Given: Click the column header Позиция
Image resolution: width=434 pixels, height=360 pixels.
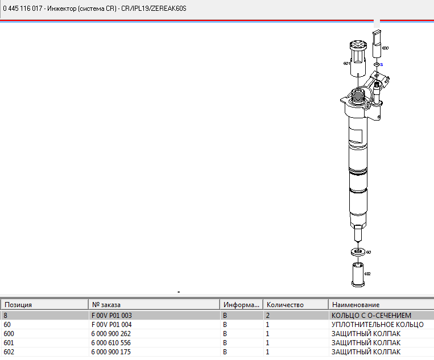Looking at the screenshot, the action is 18,305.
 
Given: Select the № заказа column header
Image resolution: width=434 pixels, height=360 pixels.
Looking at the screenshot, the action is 106,305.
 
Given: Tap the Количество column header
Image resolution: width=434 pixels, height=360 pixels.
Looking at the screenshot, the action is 285,305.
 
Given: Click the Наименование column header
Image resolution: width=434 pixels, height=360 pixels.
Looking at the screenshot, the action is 356,305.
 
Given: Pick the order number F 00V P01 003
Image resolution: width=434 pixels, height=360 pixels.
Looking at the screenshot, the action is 111,316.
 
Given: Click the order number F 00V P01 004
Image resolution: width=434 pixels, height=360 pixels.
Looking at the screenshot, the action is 111,325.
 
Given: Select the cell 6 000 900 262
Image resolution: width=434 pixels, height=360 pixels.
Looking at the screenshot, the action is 111,334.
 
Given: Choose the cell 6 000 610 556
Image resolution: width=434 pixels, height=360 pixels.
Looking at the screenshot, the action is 111,343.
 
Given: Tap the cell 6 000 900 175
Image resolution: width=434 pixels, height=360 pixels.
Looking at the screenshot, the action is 111,352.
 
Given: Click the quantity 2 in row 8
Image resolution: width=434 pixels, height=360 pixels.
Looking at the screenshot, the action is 268,316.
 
